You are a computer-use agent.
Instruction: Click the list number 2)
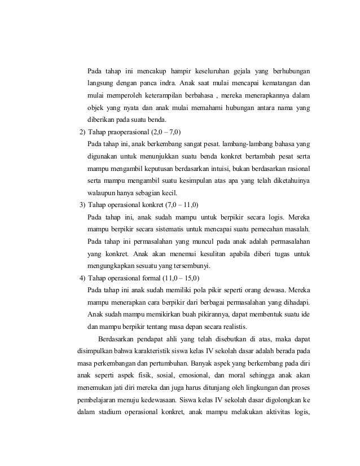pos(82,133)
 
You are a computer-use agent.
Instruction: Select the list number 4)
pos(82,278)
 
